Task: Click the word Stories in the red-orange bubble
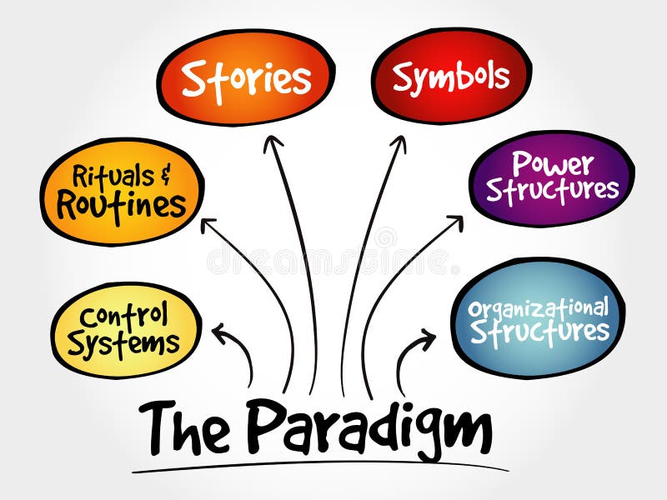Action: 246,78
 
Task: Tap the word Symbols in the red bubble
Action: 451,77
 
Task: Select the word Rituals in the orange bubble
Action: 113,177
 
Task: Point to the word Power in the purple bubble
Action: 553,162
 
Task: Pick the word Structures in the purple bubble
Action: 553,190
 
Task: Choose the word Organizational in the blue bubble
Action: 538,307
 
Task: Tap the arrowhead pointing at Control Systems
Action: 219,332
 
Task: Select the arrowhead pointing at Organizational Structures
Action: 428,337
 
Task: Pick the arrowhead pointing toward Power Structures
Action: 455,222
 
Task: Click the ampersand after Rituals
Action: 165,175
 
